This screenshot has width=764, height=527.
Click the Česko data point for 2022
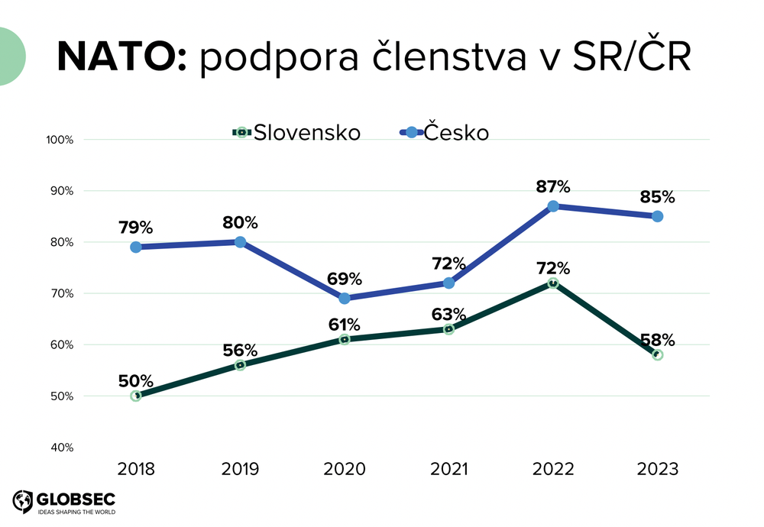point(553,206)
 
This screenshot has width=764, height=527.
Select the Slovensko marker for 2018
point(136,396)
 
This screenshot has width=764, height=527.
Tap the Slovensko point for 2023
point(657,355)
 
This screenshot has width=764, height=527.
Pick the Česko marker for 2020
point(345,299)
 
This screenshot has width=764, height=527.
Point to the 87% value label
point(553,186)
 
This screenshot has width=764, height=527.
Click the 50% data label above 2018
point(136,380)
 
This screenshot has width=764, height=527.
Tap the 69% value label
point(345,279)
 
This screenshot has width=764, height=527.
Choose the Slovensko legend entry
point(296,132)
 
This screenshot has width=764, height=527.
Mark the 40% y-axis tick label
point(61,448)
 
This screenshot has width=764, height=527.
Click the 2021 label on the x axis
point(448,469)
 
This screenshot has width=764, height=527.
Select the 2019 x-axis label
point(240,469)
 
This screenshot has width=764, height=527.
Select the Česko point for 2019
point(240,242)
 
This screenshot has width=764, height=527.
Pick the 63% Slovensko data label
point(448,314)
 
